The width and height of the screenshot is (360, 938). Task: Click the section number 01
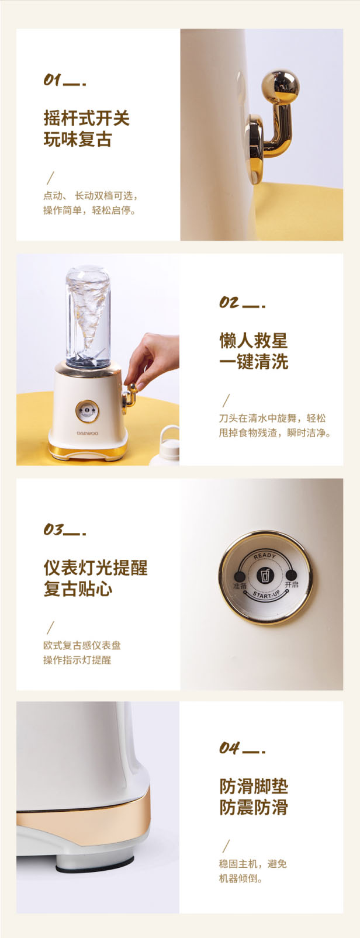[x=53, y=79]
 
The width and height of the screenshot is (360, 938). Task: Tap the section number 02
[x=229, y=302]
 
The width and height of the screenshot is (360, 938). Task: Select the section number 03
[x=53, y=529]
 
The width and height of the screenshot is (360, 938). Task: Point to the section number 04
[x=229, y=748]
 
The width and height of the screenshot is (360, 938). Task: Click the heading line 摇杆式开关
[x=86, y=118]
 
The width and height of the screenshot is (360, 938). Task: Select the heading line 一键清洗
[x=254, y=362]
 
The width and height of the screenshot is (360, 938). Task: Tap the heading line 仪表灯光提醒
[x=95, y=568]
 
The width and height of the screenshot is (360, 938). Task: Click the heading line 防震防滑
[x=254, y=807]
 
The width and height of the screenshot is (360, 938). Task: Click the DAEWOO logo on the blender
[x=88, y=434]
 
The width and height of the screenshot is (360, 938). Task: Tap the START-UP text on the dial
[x=266, y=594]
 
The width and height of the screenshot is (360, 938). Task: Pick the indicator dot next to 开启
[x=292, y=575]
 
